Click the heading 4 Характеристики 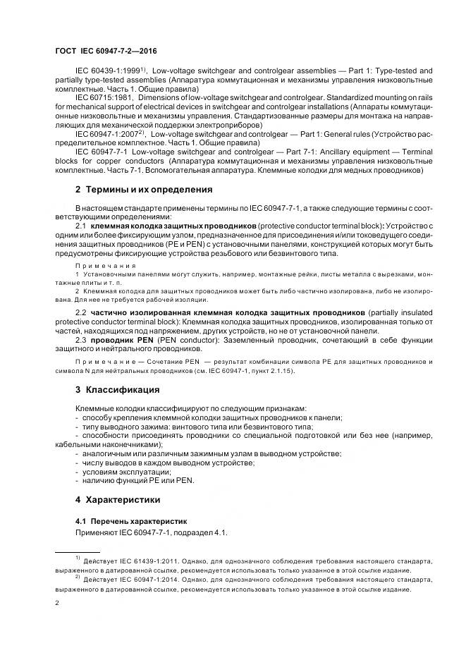(121, 500)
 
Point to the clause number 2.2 (82, 312)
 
